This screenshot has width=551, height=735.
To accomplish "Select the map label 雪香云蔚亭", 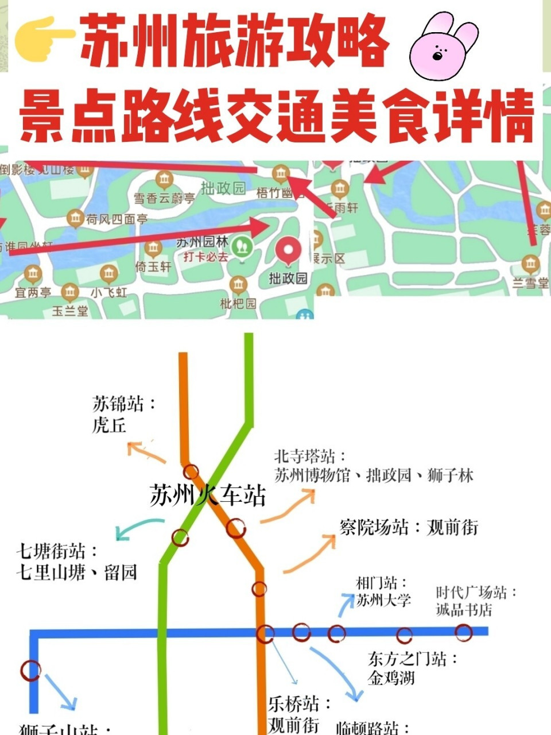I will click(x=164, y=199).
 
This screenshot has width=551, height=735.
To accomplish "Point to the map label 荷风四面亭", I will click(x=117, y=219).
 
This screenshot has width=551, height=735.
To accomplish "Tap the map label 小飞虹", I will click(x=109, y=292).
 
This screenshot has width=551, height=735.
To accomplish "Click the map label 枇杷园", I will click(x=238, y=303).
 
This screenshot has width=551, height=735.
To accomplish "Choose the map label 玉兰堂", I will click(x=70, y=311).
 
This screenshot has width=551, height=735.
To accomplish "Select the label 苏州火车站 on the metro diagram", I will click(x=208, y=495).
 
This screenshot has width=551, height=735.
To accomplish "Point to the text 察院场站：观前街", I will click(x=409, y=527).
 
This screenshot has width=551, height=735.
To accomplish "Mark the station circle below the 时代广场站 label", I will click(x=463, y=633).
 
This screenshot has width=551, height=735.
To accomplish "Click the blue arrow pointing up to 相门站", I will click(x=346, y=605).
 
